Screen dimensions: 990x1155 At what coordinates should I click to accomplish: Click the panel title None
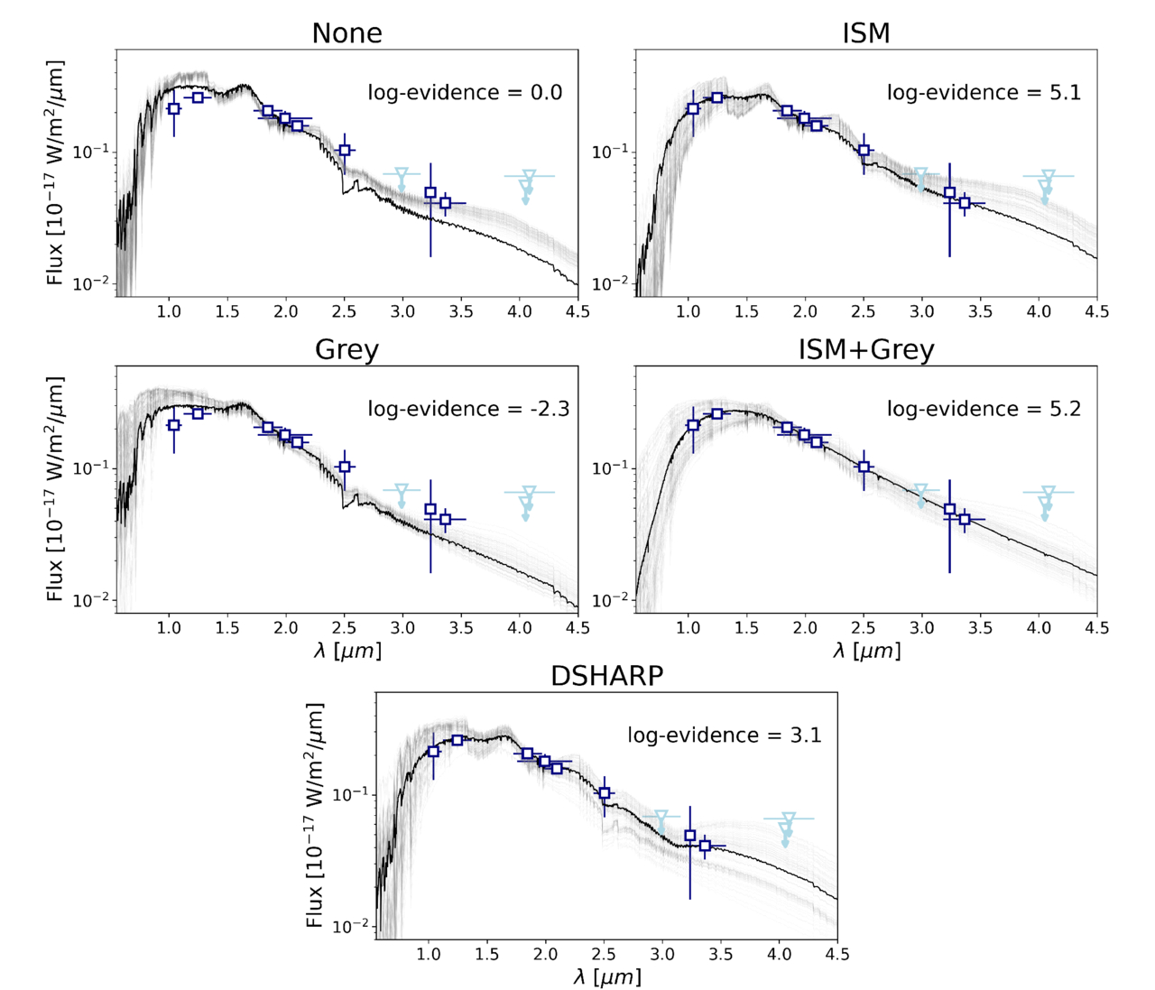coord(346,33)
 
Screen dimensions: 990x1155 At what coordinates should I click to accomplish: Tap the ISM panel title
coord(865,33)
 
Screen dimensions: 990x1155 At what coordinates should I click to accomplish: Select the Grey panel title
coord(346,350)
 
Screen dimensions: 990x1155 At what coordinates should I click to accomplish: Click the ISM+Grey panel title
coord(865,350)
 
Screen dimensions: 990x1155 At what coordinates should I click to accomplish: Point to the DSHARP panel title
coord(606,676)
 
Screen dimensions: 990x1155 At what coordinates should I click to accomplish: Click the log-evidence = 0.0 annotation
coord(465,93)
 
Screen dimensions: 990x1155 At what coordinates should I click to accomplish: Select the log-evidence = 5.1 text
coord(984,93)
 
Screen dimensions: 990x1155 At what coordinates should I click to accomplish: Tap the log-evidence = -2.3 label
coord(468,410)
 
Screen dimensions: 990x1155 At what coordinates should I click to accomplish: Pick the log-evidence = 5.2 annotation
coord(984,410)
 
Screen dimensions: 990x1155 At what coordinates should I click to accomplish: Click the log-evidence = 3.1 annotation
coord(725,736)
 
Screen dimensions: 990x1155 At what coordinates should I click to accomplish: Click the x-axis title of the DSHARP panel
coord(606,976)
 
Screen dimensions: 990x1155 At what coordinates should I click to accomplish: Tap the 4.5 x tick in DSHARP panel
coord(837,954)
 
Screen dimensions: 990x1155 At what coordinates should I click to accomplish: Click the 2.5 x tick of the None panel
coord(344,311)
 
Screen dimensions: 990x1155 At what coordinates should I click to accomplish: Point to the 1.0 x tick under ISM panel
coord(688,311)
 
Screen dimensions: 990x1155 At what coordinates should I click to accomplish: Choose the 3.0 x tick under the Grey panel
coord(402,628)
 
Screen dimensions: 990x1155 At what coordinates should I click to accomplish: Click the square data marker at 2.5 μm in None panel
coord(344,151)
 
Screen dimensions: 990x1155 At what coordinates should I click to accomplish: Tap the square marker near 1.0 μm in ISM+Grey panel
coord(693,425)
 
